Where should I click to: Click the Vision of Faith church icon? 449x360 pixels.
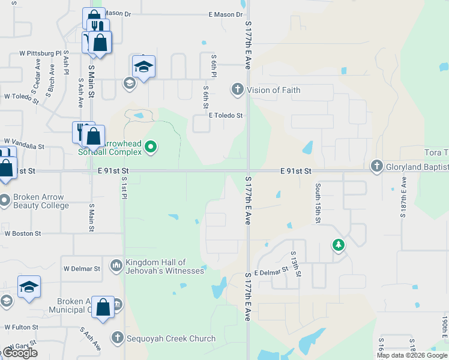point(238,90)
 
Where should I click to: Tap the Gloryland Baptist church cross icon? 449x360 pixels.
point(376,166)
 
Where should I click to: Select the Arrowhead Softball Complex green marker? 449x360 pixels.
point(151,146)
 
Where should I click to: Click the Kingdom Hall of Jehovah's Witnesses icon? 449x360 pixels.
point(116,264)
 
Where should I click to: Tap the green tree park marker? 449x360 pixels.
point(339,244)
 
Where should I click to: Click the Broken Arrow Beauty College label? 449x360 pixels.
point(41,201)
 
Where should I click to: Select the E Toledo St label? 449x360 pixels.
point(225,115)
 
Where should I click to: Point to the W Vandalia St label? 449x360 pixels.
point(24,146)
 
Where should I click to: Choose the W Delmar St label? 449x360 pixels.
point(82,269)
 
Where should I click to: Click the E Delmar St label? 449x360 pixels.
point(271,272)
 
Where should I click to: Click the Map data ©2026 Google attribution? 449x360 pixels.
point(412,355)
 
